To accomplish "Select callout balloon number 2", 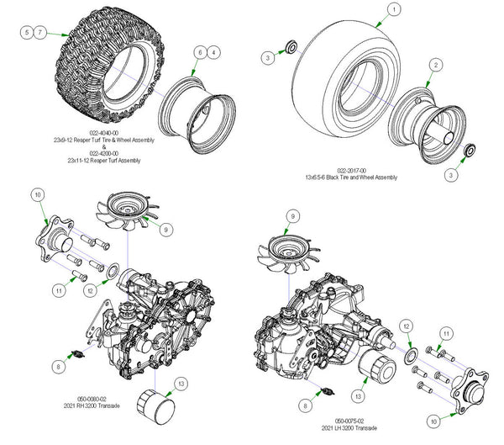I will coord(436,64).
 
